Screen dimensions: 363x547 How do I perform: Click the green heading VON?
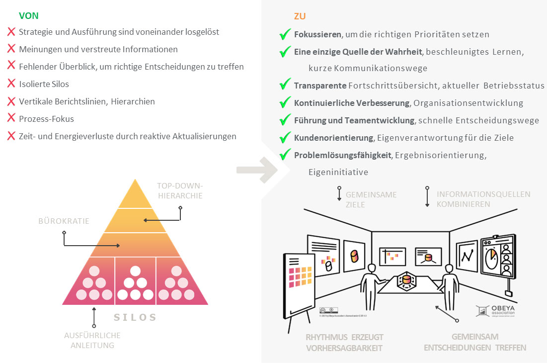coord(29,15)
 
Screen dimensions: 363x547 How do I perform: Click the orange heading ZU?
coord(300,16)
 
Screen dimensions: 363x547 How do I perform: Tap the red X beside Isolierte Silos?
coord(11,84)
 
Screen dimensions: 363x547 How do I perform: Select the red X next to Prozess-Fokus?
coord(11,119)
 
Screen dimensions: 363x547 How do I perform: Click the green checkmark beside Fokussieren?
coord(285,35)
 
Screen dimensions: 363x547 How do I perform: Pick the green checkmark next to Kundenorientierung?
coord(285,138)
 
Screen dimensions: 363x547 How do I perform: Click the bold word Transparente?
coord(320,86)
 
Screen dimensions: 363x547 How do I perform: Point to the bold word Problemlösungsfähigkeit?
coord(343,155)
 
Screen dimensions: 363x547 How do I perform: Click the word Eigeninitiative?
coord(338,172)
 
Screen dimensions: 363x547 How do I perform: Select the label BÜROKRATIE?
coord(64,221)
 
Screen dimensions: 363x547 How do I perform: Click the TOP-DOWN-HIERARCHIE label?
coord(180,191)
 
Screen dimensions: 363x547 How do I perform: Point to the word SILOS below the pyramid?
coord(135,317)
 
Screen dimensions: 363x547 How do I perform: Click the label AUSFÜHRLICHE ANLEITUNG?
coord(92,340)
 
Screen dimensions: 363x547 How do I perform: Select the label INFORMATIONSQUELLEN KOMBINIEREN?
coord(483,199)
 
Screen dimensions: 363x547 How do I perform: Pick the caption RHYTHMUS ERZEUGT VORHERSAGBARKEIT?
coord(344,343)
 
